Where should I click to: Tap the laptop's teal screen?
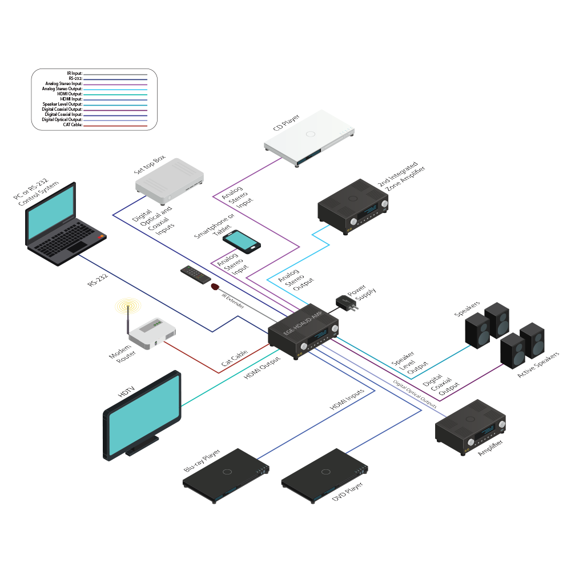[x=51, y=215]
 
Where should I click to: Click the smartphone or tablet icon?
[x=242, y=241]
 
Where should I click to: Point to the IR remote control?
[x=194, y=274]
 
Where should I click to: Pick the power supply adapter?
[x=345, y=303]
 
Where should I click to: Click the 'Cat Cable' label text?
[x=234, y=359]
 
